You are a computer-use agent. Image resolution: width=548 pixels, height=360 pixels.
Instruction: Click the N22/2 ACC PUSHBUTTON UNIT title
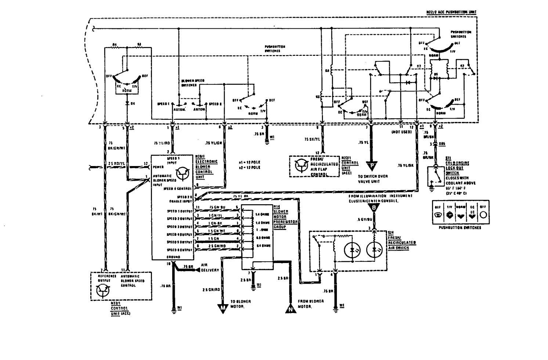(451, 12)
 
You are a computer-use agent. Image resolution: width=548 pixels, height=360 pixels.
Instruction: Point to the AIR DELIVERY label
(210, 267)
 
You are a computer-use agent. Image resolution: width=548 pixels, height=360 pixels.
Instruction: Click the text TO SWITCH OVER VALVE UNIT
(373, 179)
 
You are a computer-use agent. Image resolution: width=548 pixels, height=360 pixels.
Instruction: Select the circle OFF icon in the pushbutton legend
(483, 215)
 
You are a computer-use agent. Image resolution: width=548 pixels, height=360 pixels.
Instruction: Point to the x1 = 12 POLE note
(249, 162)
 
